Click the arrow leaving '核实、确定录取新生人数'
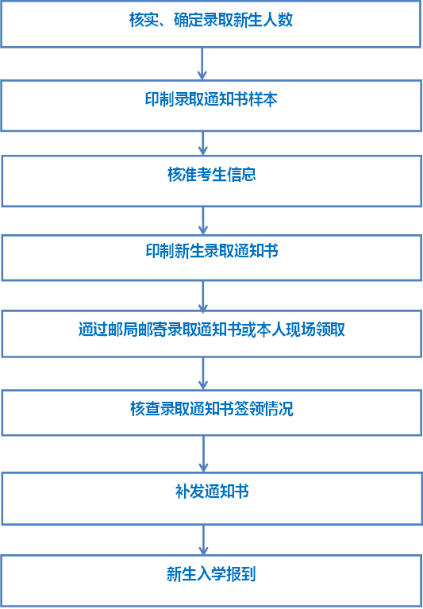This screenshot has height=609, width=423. click(x=202, y=64)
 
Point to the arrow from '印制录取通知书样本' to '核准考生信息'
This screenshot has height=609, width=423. click(x=203, y=143)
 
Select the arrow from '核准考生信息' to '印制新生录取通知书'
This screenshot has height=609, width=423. click(x=203, y=221)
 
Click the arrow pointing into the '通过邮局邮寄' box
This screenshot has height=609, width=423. click(x=203, y=295)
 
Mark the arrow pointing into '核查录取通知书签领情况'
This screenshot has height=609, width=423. click(x=203, y=373)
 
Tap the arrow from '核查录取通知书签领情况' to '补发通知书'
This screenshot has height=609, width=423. click(x=203, y=454)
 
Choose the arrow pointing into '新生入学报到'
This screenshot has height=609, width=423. click(x=203, y=540)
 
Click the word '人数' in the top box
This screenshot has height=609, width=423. click(x=278, y=20)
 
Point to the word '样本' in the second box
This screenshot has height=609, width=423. click(x=263, y=99)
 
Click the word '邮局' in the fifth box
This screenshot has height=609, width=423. click(x=122, y=330)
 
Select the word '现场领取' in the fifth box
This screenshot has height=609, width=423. click(x=315, y=330)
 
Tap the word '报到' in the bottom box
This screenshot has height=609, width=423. click(x=240, y=574)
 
